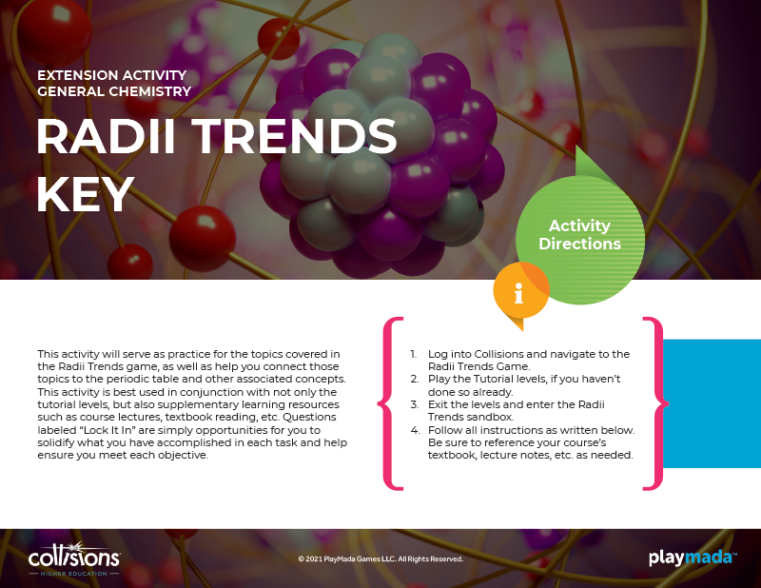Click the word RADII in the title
tap(106, 136)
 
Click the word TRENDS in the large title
tap(295, 136)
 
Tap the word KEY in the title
tap(86, 194)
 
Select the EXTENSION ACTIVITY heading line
tap(112, 75)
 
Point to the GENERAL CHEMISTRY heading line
tap(114, 91)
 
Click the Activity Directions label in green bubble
tap(579, 234)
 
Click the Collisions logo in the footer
tap(74, 559)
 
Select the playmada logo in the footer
tap(693, 558)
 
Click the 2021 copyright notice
tap(380, 559)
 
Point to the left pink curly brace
tap(391, 403)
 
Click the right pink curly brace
tap(655, 403)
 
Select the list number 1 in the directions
tap(414, 354)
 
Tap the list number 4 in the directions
tap(415, 430)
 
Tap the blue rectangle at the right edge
tap(712, 403)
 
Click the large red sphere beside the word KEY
tap(203, 238)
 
